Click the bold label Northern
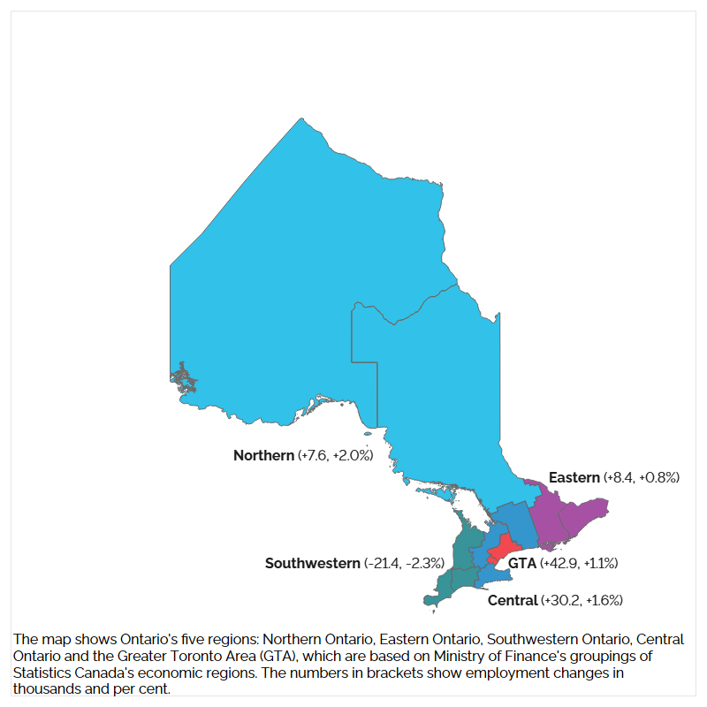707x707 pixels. point(263,456)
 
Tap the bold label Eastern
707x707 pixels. point(574,477)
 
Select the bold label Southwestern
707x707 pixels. point(313,563)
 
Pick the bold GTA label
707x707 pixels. point(522,563)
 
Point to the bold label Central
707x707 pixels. point(513,601)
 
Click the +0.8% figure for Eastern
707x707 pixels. point(659,477)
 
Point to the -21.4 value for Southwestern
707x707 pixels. point(384,563)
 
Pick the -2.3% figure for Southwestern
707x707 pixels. point(424,563)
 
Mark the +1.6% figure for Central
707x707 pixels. point(604,601)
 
